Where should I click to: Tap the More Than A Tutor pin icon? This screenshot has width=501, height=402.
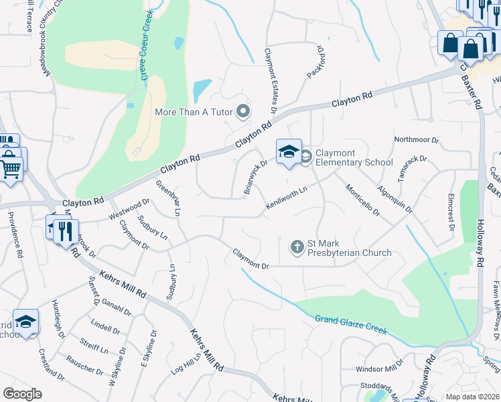coord(243,111)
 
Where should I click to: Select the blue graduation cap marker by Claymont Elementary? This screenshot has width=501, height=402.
coord(289,152)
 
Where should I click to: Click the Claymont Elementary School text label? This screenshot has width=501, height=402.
coord(354,157)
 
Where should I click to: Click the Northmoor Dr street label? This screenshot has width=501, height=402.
coord(416,141)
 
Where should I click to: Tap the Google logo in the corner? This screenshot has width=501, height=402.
coord(22,394)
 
